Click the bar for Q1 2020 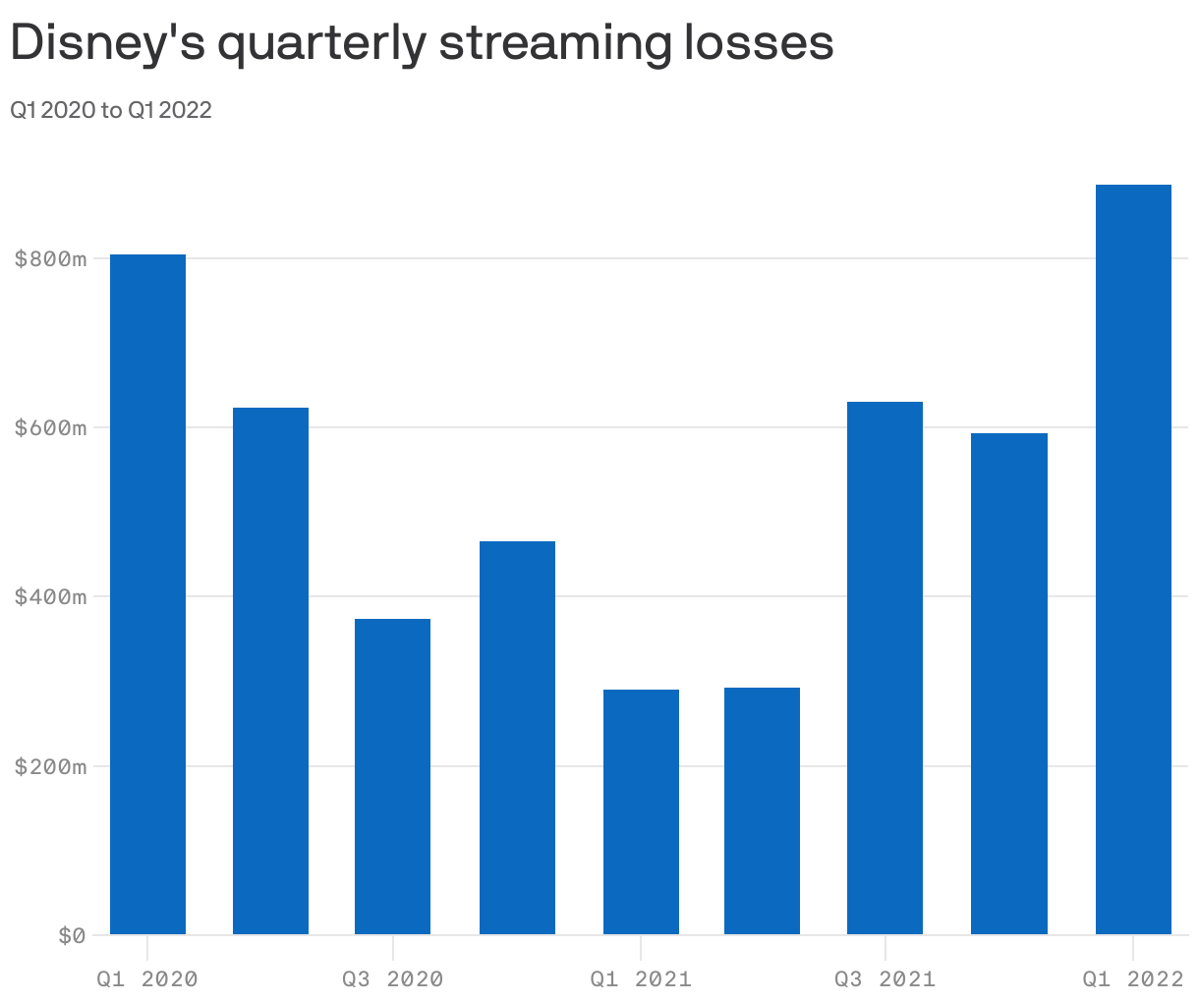pos(147,594)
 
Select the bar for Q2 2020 pos(270,671)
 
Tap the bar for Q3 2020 pos(392,776)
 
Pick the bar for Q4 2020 pos(517,738)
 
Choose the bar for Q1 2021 pos(641,811)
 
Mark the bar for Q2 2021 pos(762,810)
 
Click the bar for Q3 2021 pos(885,668)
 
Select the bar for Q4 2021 pos(1008,684)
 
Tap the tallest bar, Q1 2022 pos(1133,559)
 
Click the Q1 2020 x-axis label pos(147,979)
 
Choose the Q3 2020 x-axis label pos(392,979)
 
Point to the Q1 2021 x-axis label pos(641,979)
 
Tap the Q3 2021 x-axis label pos(885,979)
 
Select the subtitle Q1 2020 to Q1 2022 pos(111,110)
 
